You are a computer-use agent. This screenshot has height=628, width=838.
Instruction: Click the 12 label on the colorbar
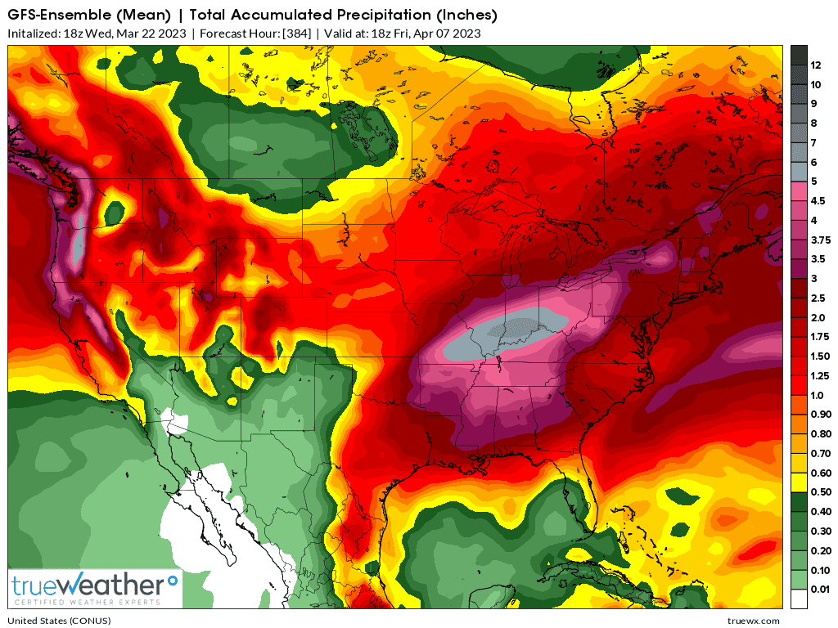[x=816, y=65]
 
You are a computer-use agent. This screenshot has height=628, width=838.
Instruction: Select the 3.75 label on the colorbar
[x=821, y=240]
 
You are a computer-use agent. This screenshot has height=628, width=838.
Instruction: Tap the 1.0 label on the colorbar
[x=818, y=395]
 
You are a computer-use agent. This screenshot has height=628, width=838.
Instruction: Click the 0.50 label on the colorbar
[x=821, y=491]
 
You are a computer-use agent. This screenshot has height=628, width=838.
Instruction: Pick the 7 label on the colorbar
[x=813, y=142]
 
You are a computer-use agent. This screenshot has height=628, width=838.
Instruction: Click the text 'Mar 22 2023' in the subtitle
[x=151, y=34]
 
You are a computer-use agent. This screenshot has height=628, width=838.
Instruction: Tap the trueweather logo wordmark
[x=88, y=585]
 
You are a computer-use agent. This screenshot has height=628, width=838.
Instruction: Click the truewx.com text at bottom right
[x=753, y=621]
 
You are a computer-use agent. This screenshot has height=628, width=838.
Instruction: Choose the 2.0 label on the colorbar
[x=818, y=317]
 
